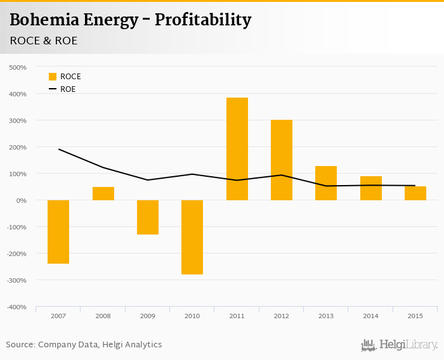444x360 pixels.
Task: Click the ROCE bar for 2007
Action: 58,231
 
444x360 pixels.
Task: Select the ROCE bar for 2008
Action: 103,193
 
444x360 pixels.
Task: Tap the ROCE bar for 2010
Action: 192,237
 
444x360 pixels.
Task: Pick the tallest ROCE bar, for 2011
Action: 237,149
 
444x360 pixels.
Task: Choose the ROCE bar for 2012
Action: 282,160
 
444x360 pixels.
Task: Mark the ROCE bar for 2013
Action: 326,183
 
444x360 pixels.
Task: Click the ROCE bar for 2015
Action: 415,193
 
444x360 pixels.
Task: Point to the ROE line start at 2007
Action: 58,149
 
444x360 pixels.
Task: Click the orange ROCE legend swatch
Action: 53,77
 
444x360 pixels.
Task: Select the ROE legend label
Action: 68,89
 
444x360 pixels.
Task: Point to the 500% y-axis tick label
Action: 18,67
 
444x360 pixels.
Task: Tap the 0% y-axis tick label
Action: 21,200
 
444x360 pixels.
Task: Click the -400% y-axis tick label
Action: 16,307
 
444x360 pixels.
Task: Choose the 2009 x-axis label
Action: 148,316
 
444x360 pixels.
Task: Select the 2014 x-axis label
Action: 370,316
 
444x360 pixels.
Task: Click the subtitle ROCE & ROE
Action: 44,41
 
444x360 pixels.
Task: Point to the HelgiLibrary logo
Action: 399,345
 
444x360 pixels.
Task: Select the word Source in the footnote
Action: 20,345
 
